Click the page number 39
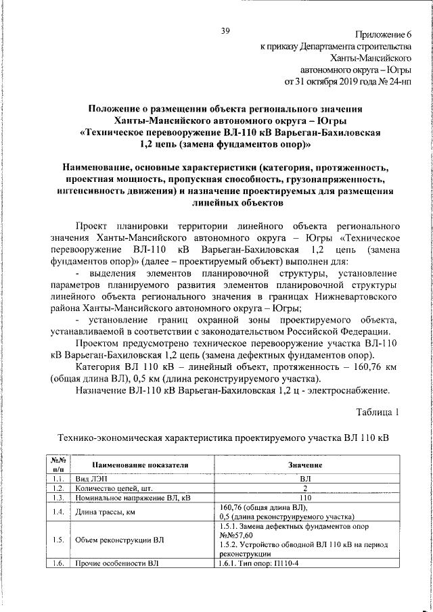coord(225,32)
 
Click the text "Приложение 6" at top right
coord(383,35)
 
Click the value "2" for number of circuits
coord(304,488)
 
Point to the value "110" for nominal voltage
coord(304,498)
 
